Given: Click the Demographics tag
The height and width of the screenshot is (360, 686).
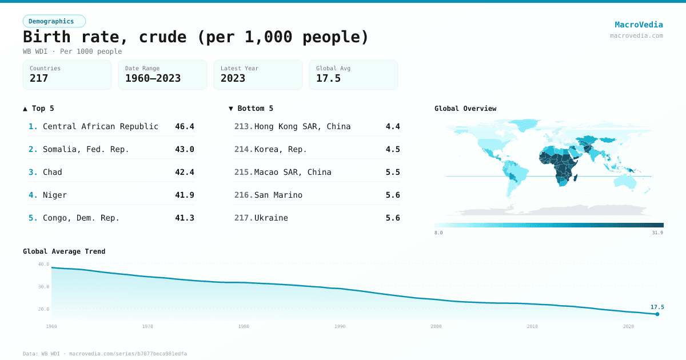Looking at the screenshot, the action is (x=54, y=21).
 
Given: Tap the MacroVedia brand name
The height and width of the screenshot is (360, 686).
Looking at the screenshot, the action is (x=639, y=25).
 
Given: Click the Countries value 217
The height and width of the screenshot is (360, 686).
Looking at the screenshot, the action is (x=39, y=78).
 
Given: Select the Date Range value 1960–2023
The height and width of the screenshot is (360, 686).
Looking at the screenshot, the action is (x=153, y=78).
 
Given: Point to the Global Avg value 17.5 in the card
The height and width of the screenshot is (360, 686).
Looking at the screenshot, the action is (x=328, y=78).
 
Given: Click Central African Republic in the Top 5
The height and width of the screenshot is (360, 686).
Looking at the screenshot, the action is (x=101, y=126).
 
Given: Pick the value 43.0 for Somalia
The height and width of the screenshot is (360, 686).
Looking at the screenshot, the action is (x=185, y=149).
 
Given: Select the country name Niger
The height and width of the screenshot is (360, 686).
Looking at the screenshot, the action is (x=55, y=195).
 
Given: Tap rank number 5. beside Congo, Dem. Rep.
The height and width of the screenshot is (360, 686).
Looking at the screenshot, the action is (x=33, y=218).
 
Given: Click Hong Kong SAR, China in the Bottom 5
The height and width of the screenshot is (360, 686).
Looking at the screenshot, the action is (x=302, y=126).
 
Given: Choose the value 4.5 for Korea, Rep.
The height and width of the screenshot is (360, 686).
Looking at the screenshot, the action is (x=393, y=149).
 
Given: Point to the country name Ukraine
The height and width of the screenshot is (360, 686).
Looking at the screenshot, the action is (x=271, y=218).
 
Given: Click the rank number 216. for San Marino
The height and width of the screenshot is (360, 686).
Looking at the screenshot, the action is (x=244, y=195).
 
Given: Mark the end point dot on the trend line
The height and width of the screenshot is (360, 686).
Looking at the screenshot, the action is (x=657, y=314).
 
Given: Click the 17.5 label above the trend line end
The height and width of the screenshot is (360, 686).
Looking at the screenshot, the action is (x=657, y=307).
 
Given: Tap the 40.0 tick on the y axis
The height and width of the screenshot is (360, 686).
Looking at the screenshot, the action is (x=43, y=264).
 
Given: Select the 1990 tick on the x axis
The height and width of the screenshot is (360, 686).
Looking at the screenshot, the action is (x=340, y=326).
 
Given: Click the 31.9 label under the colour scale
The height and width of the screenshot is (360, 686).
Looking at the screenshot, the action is (x=657, y=233).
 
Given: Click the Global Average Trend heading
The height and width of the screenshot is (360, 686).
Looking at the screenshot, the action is (x=64, y=251).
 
